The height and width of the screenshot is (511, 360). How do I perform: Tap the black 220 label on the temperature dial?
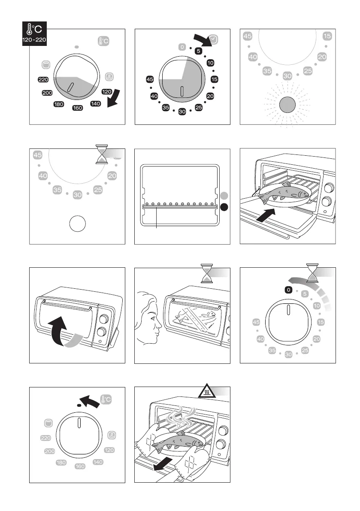[x=43, y=80]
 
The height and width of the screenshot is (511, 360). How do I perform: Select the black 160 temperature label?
[x=78, y=108]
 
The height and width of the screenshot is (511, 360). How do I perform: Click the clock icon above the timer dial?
[x=214, y=39]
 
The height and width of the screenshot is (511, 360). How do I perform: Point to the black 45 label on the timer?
[x=150, y=79]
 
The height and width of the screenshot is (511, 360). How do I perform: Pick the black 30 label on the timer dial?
[x=182, y=112]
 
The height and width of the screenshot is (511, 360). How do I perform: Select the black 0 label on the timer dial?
[x=289, y=290]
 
